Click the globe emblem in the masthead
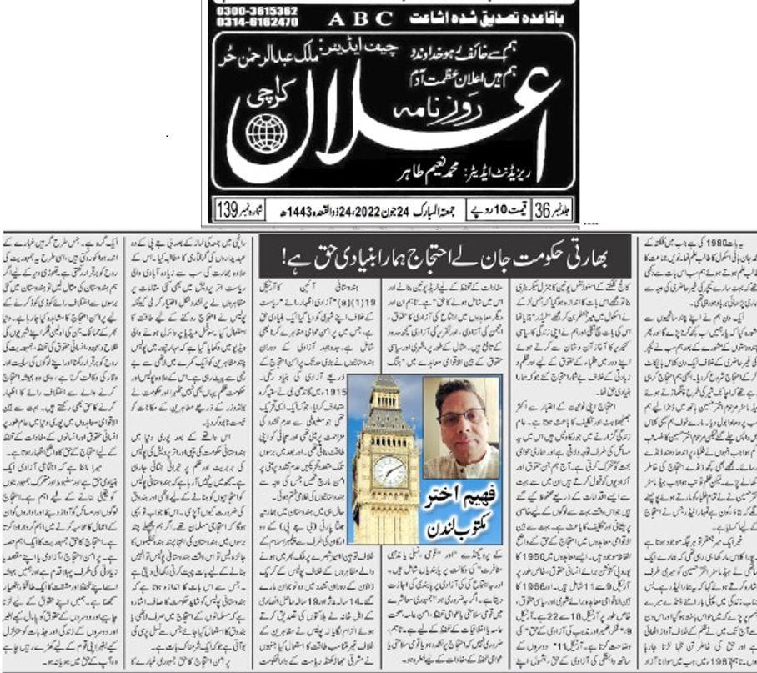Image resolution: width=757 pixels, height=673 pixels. tap(265, 132)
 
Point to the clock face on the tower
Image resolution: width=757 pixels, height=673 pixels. tap(389, 471)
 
